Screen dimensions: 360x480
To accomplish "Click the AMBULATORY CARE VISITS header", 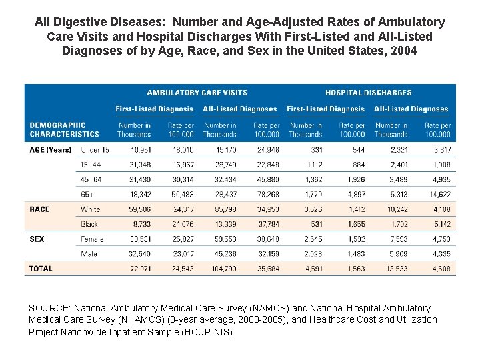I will point(197,93).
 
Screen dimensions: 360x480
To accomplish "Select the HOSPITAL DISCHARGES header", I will point(368,93).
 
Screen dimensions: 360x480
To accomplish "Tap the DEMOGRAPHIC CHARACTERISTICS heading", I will point(65,129).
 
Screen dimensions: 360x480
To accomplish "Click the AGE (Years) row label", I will point(50,150).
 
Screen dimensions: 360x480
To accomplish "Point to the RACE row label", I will point(39,209).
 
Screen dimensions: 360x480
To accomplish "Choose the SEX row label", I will point(37,239).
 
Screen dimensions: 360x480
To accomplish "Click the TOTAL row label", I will point(41,269).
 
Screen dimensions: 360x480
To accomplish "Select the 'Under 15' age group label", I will point(95,150).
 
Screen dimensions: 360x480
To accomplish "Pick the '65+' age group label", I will point(88,194).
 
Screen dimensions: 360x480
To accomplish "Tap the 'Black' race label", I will point(91,224).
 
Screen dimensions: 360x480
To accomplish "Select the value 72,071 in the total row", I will point(140,269).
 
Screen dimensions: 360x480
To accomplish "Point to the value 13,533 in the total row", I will point(395,269).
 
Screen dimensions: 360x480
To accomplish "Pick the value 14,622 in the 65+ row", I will point(438,194).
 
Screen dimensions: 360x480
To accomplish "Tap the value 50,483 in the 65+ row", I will point(181,194).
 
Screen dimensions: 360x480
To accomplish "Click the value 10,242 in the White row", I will point(395,209).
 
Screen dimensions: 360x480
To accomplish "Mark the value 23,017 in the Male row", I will point(181,253).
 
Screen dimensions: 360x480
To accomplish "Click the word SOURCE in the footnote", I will point(49,308).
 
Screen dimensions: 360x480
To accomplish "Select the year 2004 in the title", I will point(403,50).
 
